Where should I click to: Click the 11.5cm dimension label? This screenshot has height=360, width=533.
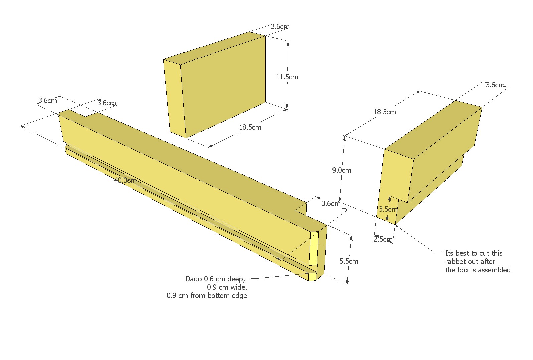(x=287, y=77)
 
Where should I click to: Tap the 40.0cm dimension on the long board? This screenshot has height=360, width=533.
(x=125, y=181)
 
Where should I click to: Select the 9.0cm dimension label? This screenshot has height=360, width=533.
(x=342, y=170)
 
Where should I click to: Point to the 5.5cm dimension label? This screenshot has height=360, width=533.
(x=349, y=261)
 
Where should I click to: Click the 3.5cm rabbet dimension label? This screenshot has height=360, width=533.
(x=388, y=209)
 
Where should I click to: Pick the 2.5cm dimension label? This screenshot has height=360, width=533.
(x=383, y=239)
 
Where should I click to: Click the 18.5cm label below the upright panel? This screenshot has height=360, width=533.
(x=250, y=127)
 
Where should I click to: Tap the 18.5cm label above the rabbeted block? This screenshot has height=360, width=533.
(x=385, y=112)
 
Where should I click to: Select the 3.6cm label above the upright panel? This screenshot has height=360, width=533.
(x=280, y=27)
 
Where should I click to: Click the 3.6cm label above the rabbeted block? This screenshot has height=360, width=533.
(x=495, y=85)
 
